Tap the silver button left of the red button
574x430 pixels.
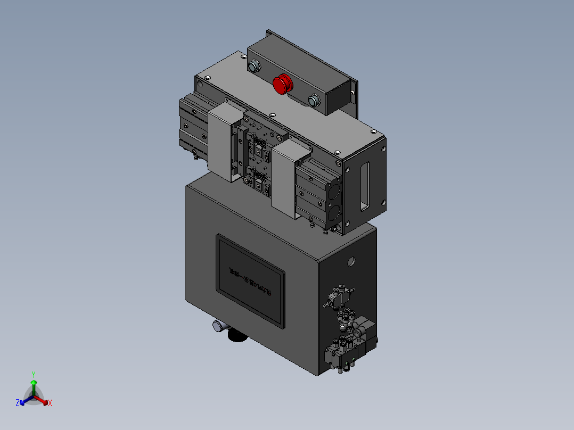click(254, 67)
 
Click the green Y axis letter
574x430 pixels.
click(34, 374)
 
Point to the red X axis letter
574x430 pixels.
click(50, 403)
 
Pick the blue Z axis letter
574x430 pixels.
click(18, 403)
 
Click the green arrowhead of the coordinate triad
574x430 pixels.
click(34, 382)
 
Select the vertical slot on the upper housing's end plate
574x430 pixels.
click(365, 186)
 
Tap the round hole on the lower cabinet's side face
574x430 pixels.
click(351, 261)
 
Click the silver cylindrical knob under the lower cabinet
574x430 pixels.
click(218, 327)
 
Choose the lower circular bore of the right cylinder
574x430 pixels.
click(334, 213)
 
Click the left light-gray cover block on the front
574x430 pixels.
click(221, 141)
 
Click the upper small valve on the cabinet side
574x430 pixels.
click(339, 296)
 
